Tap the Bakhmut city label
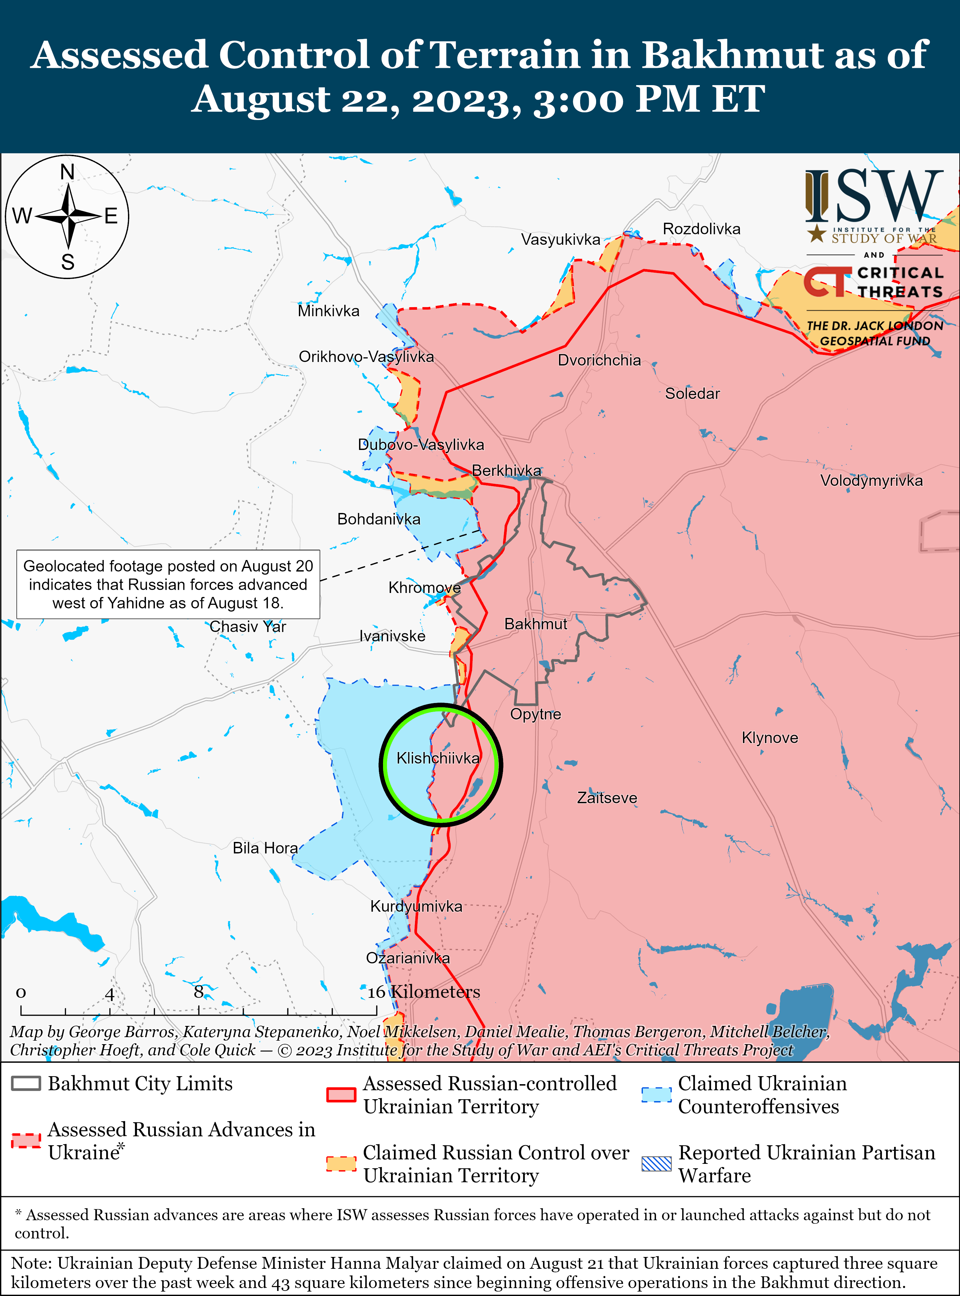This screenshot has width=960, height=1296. (x=535, y=624)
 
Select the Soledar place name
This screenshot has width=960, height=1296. (x=692, y=394)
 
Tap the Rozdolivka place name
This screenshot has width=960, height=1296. (x=701, y=229)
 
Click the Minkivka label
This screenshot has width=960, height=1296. (x=328, y=311)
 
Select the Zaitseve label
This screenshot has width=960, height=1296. (x=607, y=798)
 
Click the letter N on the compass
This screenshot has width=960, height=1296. (x=68, y=172)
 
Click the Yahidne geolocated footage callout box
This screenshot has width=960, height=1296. (x=168, y=584)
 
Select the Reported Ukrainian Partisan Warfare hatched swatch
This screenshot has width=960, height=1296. (x=657, y=1164)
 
